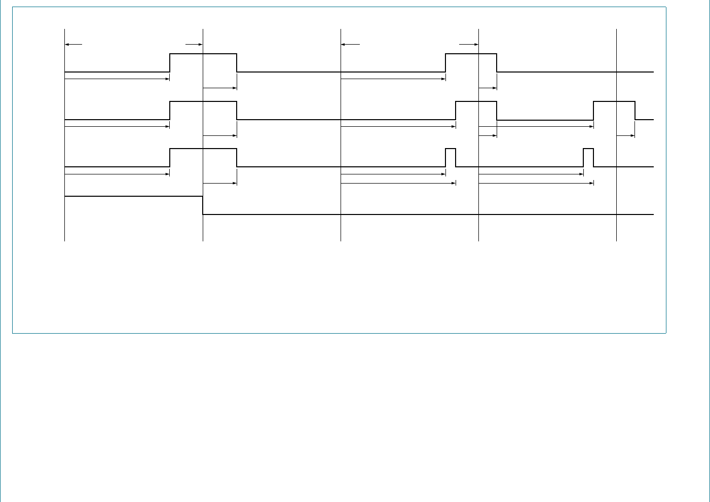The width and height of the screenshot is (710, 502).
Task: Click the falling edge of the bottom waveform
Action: coord(203,205)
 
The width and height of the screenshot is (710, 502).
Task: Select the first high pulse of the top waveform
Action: coord(203,54)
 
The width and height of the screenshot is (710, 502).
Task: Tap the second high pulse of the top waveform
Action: coord(471,54)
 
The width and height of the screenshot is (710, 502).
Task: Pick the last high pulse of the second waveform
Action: coord(614,102)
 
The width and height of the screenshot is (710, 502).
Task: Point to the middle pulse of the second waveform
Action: coord(476,102)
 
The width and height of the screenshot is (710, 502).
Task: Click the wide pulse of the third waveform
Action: coord(203,149)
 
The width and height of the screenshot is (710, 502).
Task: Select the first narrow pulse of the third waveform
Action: coord(451,149)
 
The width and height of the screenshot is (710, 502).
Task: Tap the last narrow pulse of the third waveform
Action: coord(588,149)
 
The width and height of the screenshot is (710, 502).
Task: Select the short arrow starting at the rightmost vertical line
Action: coord(625,136)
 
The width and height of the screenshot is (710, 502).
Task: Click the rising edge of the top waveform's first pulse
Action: coord(170,63)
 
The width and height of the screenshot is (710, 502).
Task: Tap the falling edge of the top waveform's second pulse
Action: coord(497,63)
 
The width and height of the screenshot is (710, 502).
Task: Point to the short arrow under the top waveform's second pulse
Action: coord(488,88)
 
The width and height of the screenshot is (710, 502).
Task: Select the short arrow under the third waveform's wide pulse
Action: coord(220,183)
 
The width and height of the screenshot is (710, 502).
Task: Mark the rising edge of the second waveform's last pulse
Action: coord(593,111)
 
